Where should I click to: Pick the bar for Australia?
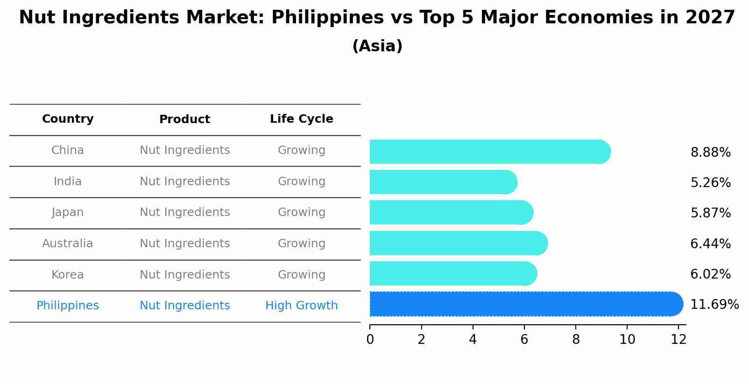[x=458, y=243]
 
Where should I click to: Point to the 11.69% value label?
[x=714, y=305]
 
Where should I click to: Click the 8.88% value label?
[x=710, y=153]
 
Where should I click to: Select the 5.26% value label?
[x=710, y=183]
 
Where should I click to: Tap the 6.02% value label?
[x=710, y=274]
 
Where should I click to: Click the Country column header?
[x=68, y=119]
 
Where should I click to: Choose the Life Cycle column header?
[x=301, y=119]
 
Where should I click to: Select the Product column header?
[x=184, y=119]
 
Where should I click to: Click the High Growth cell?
[x=301, y=306]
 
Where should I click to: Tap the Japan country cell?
[x=68, y=212]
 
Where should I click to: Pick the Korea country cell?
[x=68, y=275]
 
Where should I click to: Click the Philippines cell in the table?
[x=68, y=306]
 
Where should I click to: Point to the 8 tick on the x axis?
[x=576, y=340]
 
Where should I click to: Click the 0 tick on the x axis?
[x=370, y=340]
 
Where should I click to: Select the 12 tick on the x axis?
[x=678, y=340]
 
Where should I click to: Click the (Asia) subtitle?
[x=377, y=46]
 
